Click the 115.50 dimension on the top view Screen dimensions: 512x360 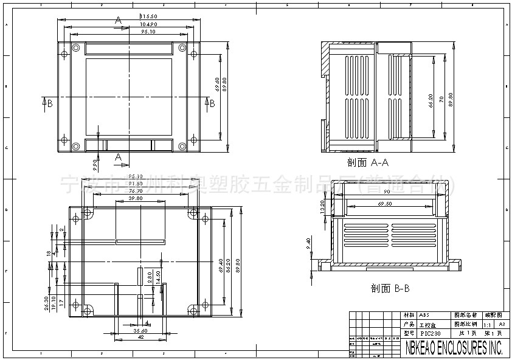pyautogui.click(x=149, y=16)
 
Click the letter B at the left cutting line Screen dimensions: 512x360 pyautogui.click(x=50, y=103)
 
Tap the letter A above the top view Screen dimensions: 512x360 pyautogui.click(x=118, y=20)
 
